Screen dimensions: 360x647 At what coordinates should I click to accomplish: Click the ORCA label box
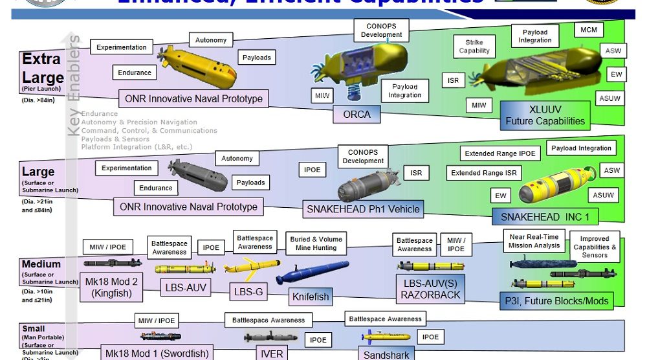pyautogui.click(x=356, y=114)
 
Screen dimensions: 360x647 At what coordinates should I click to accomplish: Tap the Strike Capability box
pyautogui.click(x=474, y=47)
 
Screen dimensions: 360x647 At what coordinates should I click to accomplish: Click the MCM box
pyautogui.click(x=588, y=30)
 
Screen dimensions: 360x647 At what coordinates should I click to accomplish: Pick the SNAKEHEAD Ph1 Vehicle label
pyautogui.click(x=364, y=208)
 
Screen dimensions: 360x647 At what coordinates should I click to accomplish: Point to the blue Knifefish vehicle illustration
pyautogui.click(x=312, y=272)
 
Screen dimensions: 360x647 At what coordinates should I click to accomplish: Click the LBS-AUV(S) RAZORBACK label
pyautogui.click(x=430, y=289)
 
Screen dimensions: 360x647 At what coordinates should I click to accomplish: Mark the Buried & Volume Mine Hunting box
pyautogui.click(x=316, y=243)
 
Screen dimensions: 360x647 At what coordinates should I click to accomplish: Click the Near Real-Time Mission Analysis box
pyautogui.click(x=534, y=242)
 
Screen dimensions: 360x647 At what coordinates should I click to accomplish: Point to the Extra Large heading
pyautogui.click(x=43, y=69)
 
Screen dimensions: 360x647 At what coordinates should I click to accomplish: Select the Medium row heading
pyautogui.click(x=41, y=264)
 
